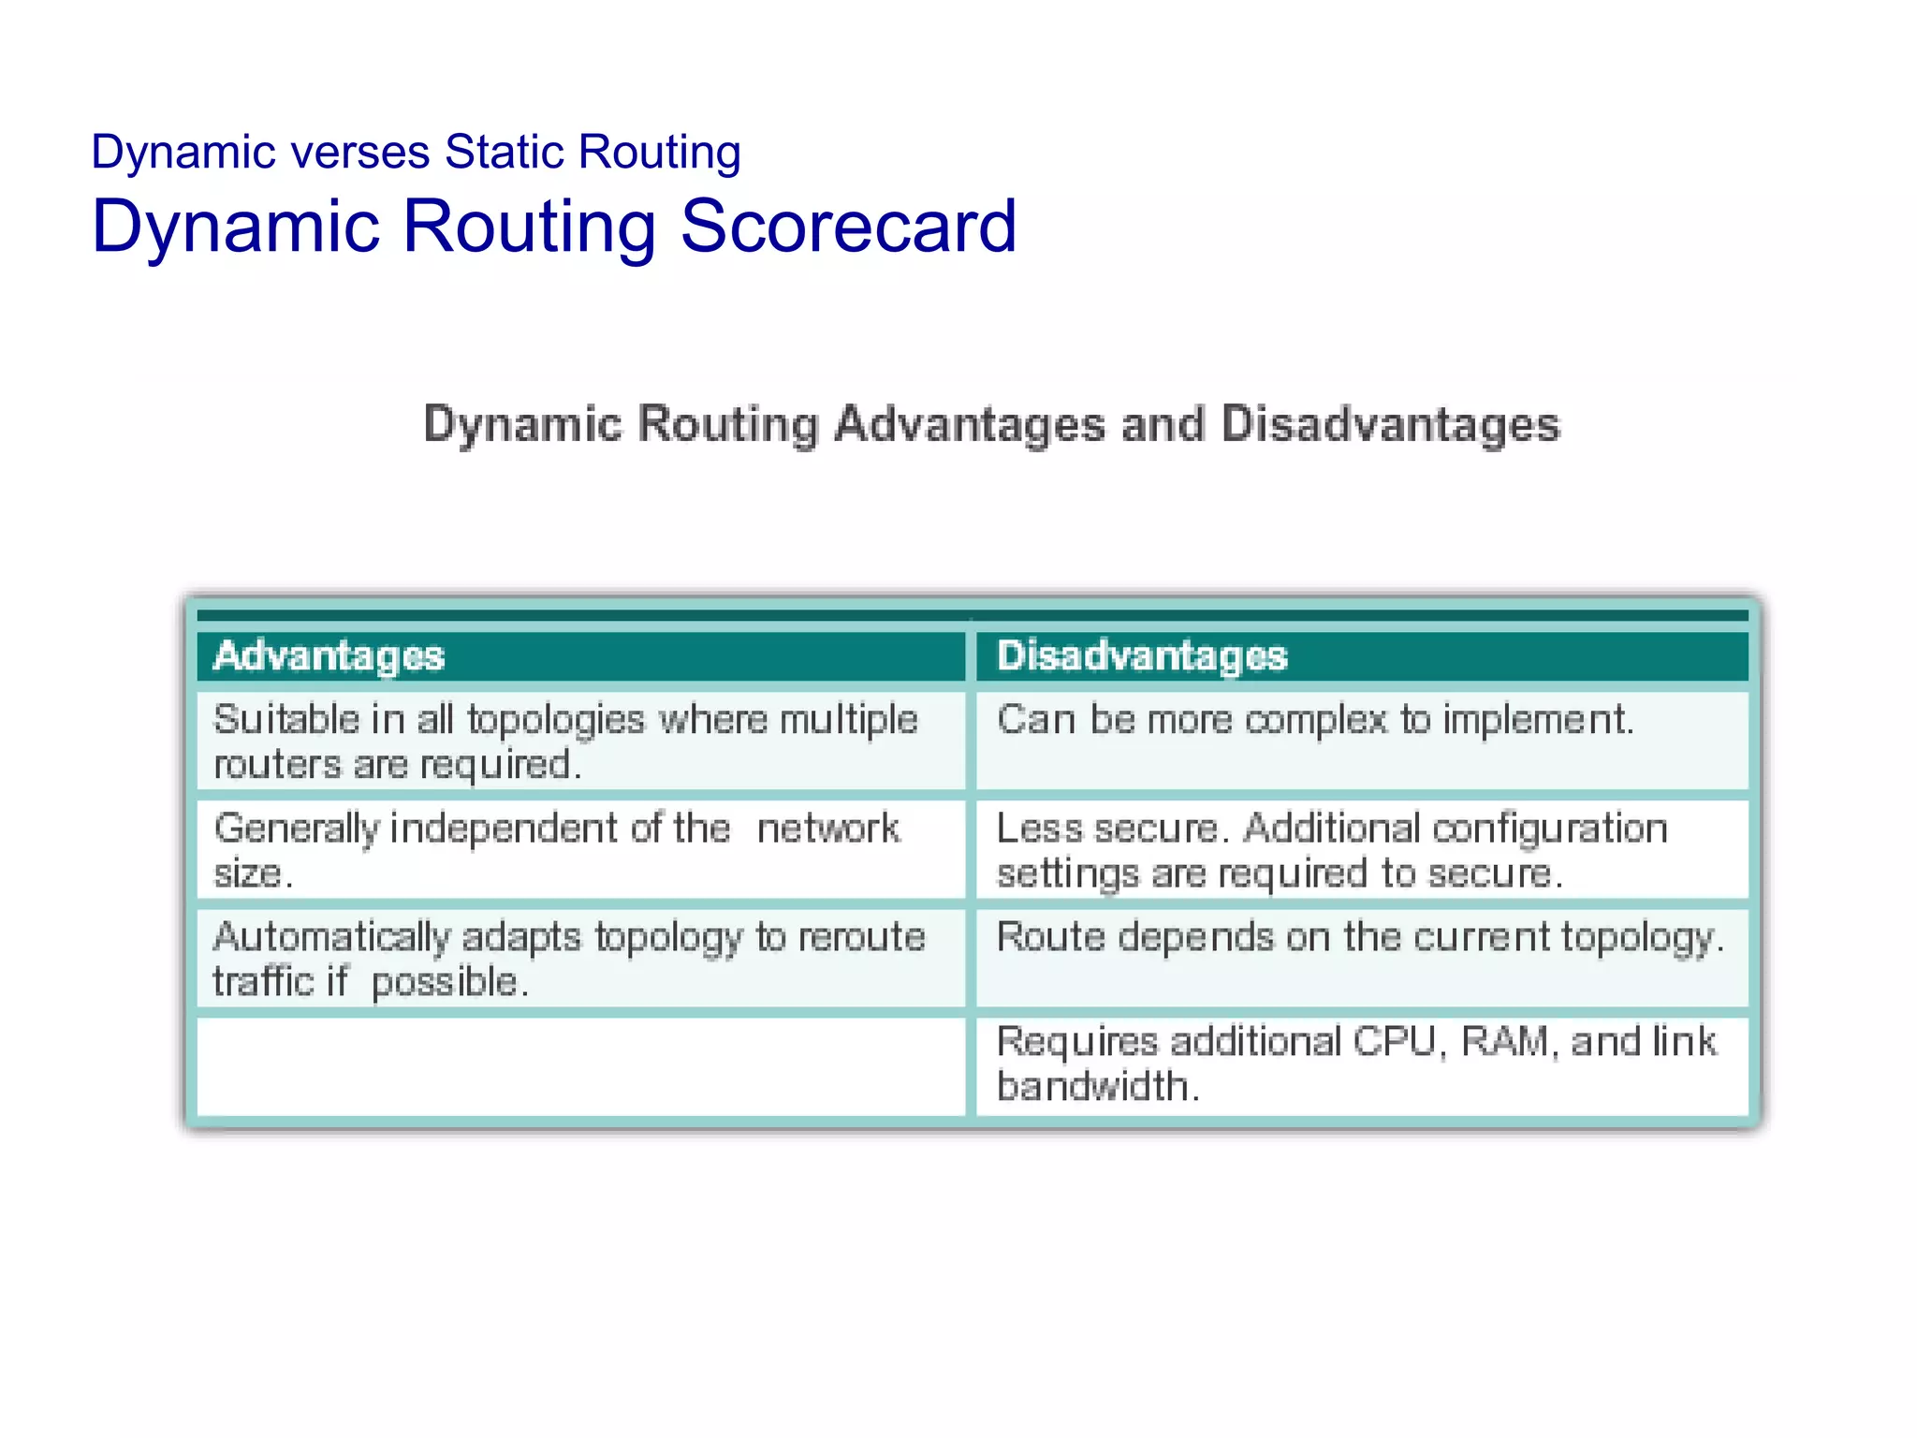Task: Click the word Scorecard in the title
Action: coord(847,227)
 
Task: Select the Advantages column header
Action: coord(580,655)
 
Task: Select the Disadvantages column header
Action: coord(1362,655)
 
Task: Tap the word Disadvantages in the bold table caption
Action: coord(1390,424)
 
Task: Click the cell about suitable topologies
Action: coord(580,741)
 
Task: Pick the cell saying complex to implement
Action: coord(1362,740)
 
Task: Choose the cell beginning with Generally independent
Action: coord(580,850)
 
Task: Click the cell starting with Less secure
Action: coord(1362,850)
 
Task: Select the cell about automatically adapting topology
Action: coord(580,959)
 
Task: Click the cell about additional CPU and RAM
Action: coord(1362,1065)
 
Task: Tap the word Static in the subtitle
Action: coord(505,152)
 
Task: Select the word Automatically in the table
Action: coord(331,937)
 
